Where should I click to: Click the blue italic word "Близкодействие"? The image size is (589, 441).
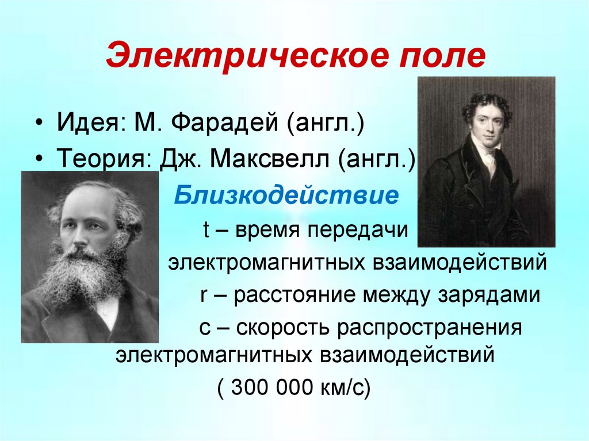(x=286, y=196)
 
